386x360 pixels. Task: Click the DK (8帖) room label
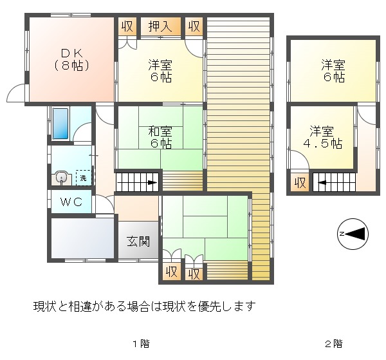pos(71,60)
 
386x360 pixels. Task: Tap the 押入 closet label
pos(160,26)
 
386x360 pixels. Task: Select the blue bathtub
pos(60,124)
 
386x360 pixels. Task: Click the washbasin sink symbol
pos(61,178)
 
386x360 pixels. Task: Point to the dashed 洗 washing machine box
pos(84,178)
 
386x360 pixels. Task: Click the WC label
pos(71,202)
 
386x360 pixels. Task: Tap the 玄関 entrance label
pos(138,242)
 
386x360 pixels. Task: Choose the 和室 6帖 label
pos(160,137)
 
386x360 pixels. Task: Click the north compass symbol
pos(353,234)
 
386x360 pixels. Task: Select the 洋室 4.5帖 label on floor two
pos(322,137)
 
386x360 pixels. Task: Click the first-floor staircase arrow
pos(137,183)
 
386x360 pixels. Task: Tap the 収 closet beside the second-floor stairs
pos(300,183)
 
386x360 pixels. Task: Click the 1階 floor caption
pos(141,344)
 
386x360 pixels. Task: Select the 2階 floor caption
pos(333,344)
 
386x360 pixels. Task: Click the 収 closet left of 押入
pos(127,26)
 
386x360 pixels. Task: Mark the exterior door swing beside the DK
pos(15,93)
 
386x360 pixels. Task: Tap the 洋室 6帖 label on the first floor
pos(160,71)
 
